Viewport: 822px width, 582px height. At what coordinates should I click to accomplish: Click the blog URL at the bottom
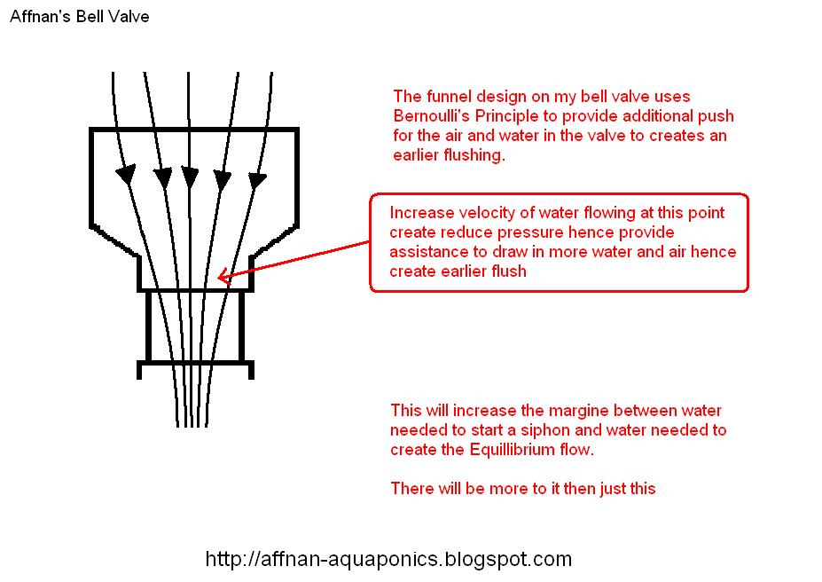[388, 559]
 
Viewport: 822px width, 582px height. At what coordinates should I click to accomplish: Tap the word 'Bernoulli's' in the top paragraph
[434, 116]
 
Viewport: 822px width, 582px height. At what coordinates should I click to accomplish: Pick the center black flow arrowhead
[189, 177]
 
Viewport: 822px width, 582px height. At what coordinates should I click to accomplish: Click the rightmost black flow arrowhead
[256, 180]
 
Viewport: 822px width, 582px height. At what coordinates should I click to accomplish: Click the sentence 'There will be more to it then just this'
[522, 489]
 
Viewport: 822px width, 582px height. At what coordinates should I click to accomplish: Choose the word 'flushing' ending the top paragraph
[477, 155]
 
